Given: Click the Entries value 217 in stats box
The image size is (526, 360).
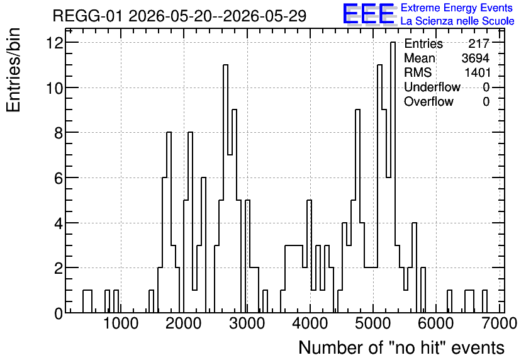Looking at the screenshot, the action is tap(479, 43).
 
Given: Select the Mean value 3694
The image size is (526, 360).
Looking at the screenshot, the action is tap(475, 58).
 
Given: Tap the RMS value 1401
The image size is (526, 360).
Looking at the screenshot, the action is tap(478, 72).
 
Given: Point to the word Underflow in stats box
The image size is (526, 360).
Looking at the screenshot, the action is tap(432, 87).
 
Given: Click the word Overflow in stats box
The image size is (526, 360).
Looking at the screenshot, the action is tap(428, 101).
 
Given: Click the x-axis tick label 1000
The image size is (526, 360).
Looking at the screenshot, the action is tap(121, 323).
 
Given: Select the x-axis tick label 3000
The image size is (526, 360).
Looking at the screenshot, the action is tap(247, 323).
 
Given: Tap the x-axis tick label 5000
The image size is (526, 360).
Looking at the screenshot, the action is tap(373, 323).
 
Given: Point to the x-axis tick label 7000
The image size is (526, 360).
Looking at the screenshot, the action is tap(500, 323).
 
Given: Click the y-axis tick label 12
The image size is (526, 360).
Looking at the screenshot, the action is tap(55, 43).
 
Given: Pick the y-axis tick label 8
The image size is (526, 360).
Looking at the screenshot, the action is tap(59, 133).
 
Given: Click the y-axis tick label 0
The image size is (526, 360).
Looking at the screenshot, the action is tap(59, 313).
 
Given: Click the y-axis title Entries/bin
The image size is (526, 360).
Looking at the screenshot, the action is tap(13, 70).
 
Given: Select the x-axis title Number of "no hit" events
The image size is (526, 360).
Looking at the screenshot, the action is tap(401, 347).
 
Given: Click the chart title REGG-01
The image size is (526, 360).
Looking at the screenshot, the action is tap(87, 16).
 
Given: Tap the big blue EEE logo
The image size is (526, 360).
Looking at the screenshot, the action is tap(369, 14).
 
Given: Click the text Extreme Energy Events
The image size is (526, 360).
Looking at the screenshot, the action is tap(457, 8).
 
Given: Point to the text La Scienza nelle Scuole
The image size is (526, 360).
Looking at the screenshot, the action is tap(457, 21).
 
